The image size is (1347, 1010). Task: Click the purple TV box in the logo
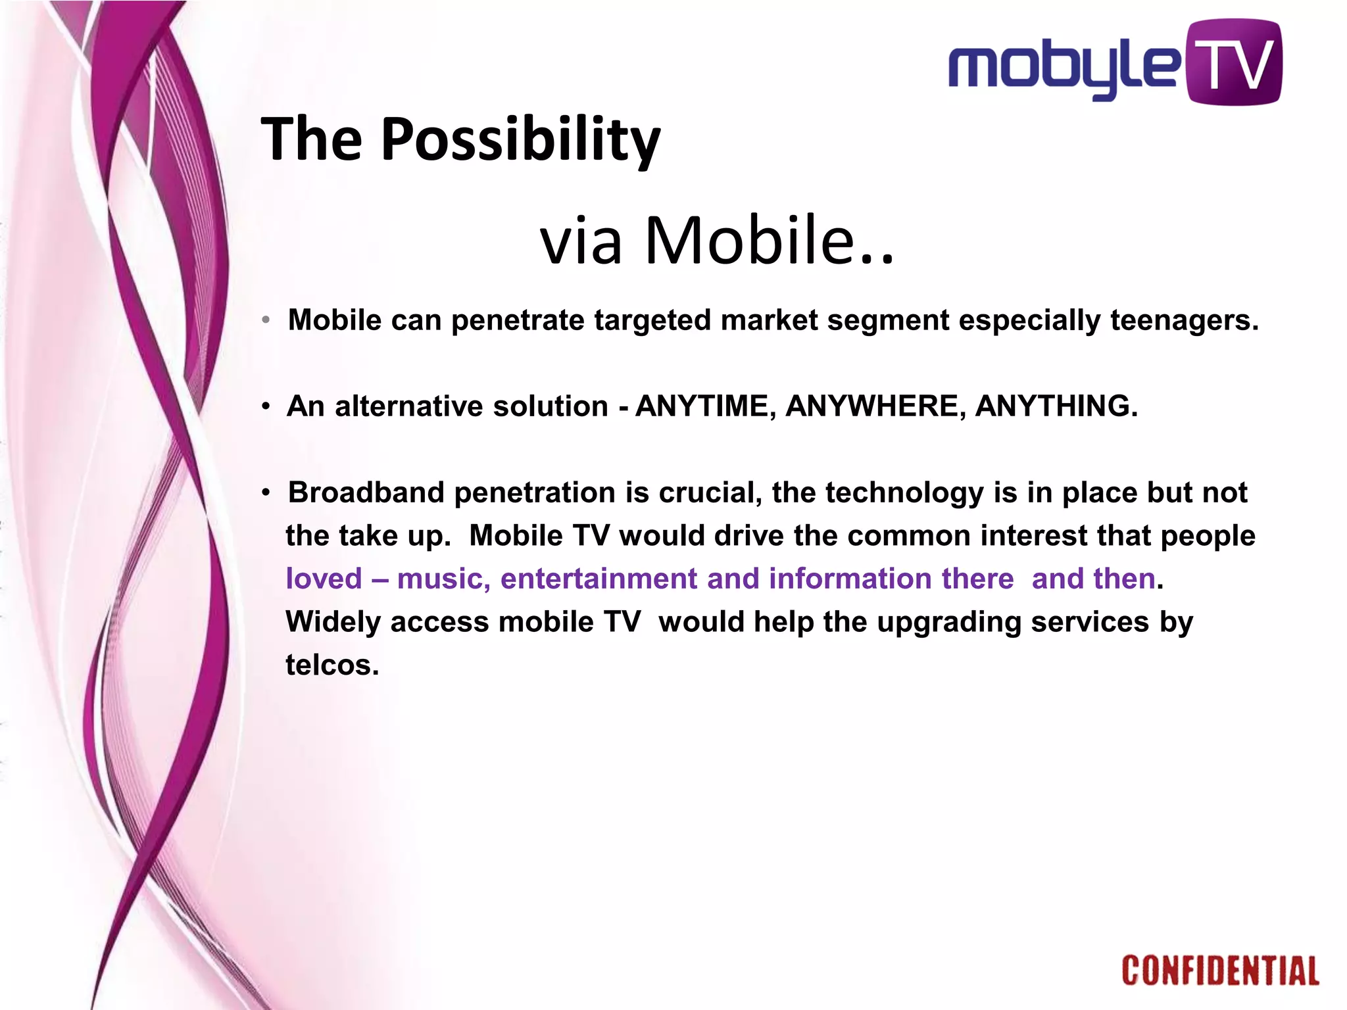point(1234,62)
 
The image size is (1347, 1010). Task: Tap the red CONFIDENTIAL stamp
point(1220,971)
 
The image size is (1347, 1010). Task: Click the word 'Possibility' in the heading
point(520,139)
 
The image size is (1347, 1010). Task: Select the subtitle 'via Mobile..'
point(717,240)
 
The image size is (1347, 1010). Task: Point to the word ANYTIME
point(700,406)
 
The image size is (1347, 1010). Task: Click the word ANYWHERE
point(875,406)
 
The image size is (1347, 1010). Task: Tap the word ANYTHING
point(1056,406)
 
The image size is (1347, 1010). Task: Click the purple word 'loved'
point(324,579)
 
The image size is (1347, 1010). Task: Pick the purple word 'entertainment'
point(597,579)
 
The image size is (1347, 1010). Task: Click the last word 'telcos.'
point(332,665)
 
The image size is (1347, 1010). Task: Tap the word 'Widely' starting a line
point(333,622)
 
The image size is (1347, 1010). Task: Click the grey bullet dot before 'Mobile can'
point(266,321)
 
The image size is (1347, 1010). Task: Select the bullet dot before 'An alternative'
point(266,407)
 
